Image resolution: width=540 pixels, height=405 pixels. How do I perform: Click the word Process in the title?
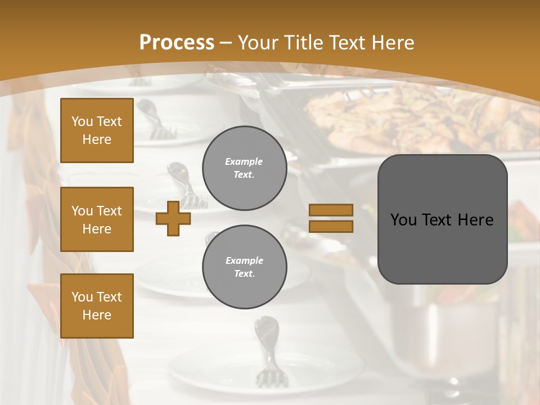pos(177,43)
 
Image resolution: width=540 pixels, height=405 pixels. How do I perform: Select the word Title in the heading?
pos(303,43)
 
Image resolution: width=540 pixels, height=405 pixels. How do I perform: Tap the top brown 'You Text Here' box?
pos(97,130)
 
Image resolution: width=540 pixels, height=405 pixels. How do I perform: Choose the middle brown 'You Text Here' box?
pos(97,219)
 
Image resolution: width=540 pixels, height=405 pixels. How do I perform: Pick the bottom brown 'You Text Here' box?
pos(97,306)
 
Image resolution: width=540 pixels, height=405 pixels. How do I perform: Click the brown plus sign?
pos(173,218)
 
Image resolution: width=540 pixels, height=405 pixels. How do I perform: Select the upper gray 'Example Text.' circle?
pos(244,168)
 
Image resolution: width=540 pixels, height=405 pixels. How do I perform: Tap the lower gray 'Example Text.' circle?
pos(244,267)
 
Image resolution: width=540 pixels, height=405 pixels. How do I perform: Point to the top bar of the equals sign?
pos(331,210)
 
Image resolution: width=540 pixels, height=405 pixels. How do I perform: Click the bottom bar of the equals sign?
pos(331,226)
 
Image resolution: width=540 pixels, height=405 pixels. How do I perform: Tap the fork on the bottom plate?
pos(267,352)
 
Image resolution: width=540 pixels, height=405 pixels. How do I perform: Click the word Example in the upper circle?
pos(244,161)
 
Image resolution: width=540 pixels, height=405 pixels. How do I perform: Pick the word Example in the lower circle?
pos(244,260)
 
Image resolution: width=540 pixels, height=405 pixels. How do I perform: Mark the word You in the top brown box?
pos(82,121)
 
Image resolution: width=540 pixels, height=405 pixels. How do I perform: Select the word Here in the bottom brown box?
pos(97,315)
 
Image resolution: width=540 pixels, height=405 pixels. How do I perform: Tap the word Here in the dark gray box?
pos(475,220)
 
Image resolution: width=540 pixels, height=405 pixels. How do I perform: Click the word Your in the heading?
pos(258,43)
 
